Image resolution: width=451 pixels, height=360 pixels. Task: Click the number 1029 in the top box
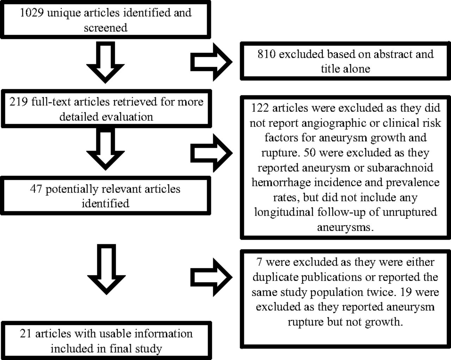point(32,13)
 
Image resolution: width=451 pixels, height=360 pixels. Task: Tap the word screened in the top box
point(106,28)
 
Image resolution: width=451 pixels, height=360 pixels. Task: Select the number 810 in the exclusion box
point(267,54)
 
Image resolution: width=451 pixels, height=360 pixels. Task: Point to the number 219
point(18,102)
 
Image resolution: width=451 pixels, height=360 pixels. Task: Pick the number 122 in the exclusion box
point(260,108)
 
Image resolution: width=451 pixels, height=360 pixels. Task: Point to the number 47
point(36,189)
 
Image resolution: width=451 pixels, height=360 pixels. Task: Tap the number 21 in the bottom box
point(26,334)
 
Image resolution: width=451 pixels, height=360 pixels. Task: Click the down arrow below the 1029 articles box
point(106,62)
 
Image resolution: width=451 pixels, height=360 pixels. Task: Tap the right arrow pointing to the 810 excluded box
point(211,62)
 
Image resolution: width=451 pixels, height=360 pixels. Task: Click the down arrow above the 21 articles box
point(106,269)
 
